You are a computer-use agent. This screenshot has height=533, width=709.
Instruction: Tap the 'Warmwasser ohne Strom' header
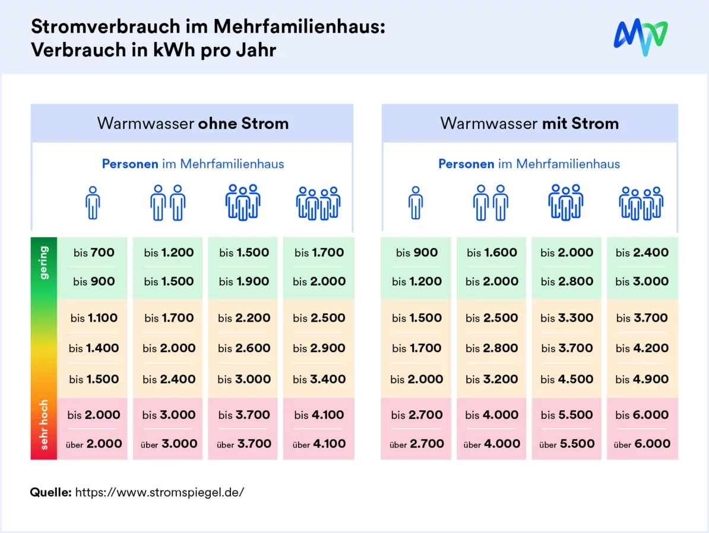coord(192,123)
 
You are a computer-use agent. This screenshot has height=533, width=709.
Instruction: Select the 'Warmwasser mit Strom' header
coord(529,123)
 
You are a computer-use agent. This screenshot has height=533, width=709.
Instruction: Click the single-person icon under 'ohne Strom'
coord(93,202)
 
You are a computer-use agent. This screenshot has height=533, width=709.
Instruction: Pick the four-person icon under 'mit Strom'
coord(641,202)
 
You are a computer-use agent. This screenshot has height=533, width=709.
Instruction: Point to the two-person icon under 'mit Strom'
coord(490,202)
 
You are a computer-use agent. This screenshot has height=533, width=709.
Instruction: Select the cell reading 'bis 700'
coord(94,252)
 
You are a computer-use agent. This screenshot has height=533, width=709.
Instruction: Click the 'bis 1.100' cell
coord(94,318)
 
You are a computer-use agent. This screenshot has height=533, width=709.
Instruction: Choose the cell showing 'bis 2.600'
coord(244,348)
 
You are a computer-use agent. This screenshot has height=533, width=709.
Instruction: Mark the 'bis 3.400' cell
coord(319,379)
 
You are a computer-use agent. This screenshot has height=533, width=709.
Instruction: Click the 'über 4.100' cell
coord(319,443)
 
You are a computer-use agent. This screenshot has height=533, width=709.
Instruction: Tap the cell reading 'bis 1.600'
coord(492,252)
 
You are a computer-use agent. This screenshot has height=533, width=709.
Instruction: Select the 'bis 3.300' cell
coord(566,318)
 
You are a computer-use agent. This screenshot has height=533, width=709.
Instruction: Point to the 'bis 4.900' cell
coord(642,379)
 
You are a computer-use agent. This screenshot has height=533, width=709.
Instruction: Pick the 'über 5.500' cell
coord(566,443)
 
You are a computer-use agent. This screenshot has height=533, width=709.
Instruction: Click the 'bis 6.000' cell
coord(642,415)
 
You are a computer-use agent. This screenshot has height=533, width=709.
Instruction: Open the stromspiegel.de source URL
coord(159,492)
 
